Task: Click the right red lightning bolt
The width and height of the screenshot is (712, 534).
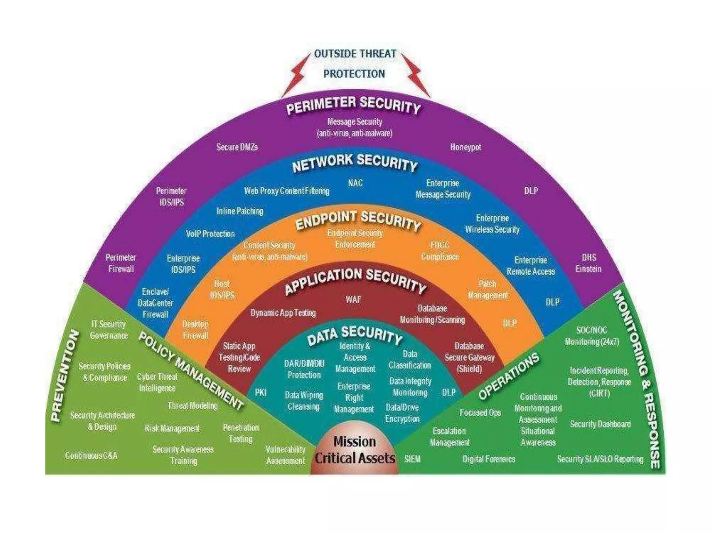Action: (416, 75)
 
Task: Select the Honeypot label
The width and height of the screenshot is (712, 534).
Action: (466, 147)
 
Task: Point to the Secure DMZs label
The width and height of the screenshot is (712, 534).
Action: (237, 147)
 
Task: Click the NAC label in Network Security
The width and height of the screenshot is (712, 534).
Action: (355, 183)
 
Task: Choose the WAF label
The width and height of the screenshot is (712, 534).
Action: (353, 299)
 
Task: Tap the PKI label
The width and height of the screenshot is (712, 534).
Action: (260, 392)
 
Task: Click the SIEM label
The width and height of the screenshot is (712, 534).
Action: (412, 459)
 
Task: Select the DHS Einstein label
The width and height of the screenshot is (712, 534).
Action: (589, 263)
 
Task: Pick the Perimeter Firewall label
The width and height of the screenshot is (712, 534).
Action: (121, 263)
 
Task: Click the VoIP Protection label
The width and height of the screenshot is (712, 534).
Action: (210, 234)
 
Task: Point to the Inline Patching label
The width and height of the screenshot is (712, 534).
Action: (240, 211)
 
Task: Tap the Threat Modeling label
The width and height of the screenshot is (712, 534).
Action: (193, 405)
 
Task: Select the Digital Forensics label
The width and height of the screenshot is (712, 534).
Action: (489, 459)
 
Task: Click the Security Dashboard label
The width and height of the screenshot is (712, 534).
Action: (600, 424)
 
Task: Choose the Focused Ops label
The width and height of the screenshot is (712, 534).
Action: (480, 413)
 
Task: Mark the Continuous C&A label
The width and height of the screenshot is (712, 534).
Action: (91, 455)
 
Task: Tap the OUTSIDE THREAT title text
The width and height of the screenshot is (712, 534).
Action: (355, 54)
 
